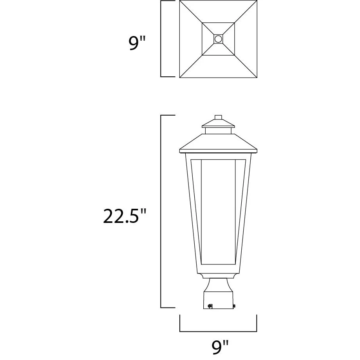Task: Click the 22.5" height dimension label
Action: point(125,216)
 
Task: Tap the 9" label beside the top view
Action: point(137,43)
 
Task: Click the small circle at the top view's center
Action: point(218,39)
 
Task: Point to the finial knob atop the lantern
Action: point(218,117)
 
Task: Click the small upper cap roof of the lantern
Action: point(218,123)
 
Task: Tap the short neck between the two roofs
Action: point(218,130)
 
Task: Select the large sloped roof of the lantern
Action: point(218,143)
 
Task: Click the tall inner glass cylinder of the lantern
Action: point(218,212)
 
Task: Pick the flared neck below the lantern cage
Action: point(218,285)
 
